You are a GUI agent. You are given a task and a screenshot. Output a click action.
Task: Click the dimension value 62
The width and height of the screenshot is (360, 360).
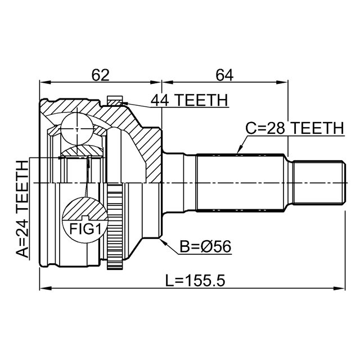(100, 75)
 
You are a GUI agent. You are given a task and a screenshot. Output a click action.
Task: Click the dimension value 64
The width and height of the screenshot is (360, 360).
(224, 75)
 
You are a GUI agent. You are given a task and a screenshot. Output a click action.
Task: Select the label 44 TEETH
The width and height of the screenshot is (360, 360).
(189, 100)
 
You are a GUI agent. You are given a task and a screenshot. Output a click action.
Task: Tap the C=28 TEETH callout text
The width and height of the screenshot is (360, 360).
(295, 128)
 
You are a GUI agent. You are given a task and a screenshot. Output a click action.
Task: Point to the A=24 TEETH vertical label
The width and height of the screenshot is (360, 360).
(22, 209)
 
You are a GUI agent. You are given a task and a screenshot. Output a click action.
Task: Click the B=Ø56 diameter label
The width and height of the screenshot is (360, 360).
(205, 247)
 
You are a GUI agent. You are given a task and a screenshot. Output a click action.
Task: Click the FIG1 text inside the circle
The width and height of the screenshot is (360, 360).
(85, 229)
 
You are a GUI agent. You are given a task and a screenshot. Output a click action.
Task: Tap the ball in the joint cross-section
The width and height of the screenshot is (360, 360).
(78, 129)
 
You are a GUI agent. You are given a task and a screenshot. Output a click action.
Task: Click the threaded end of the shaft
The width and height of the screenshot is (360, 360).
(319, 182)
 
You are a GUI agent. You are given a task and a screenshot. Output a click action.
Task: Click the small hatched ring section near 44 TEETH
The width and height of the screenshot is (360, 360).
(114, 101)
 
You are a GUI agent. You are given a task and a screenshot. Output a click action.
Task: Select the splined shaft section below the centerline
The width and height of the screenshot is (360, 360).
(240, 197)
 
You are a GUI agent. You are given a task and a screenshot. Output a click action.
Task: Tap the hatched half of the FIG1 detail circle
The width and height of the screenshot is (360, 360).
(85, 208)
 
